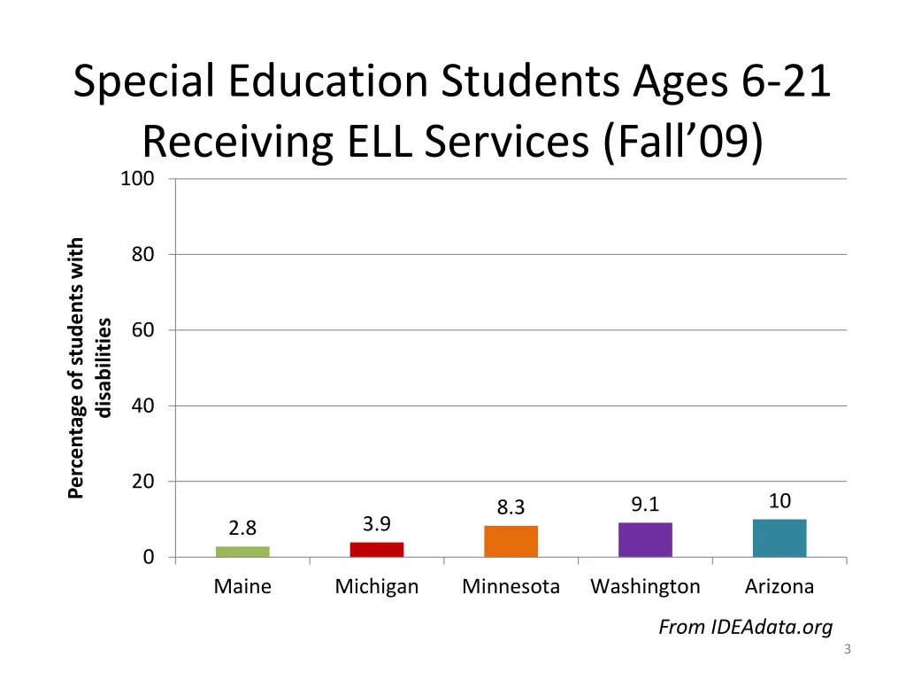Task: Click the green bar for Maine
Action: [242, 552]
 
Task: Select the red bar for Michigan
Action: [377, 550]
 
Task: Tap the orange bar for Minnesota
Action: [511, 541]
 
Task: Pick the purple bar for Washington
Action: [645, 539]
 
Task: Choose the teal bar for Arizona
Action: [779, 537]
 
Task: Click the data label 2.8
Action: [242, 529]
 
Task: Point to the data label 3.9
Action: [377, 524]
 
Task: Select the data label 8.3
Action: [511, 507]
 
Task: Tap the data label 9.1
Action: [645, 505]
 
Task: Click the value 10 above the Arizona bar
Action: [779, 501]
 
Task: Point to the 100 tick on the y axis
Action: [137, 179]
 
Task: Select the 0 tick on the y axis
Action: [149, 557]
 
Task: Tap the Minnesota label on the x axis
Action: [511, 586]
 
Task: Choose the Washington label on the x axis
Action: [645, 586]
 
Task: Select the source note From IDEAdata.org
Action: [745, 628]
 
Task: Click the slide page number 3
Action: [847, 651]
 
